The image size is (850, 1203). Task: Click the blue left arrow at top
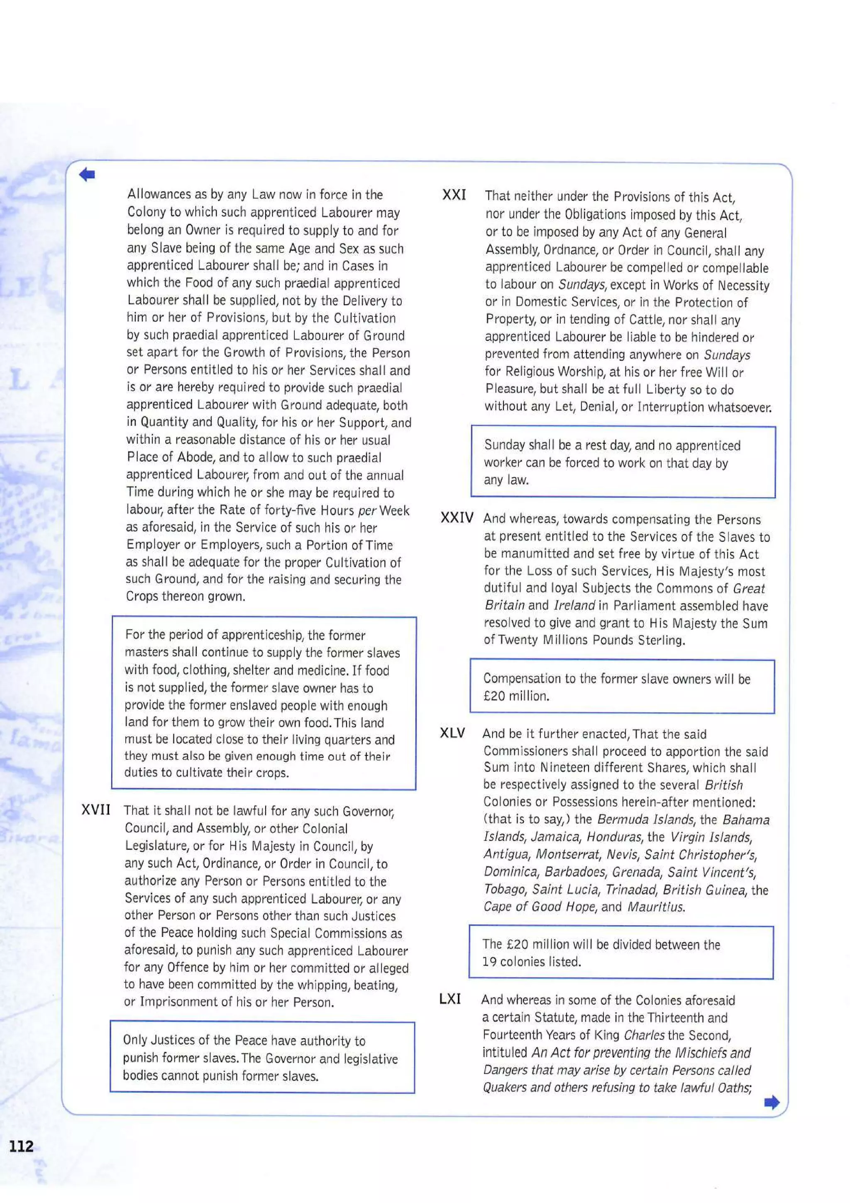[x=87, y=174]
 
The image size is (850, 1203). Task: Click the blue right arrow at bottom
[x=772, y=1103]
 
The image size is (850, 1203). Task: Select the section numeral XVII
[x=96, y=810]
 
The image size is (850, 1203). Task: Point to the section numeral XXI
[x=454, y=196]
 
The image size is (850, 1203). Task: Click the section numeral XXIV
[x=457, y=518]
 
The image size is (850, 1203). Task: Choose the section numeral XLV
[x=452, y=733]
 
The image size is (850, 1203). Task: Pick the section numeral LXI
[x=450, y=999]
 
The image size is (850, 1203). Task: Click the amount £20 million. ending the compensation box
[x=516, y=696]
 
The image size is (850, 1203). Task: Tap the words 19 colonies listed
[x=531, y=961]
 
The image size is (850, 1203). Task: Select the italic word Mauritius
[x=656, y=907]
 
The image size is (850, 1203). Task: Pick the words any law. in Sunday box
[x=506, y=480]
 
